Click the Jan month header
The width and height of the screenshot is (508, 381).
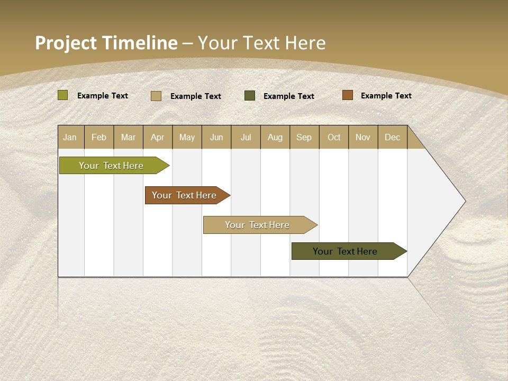tap(70, 137)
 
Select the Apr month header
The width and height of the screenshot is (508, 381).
tap(158, 137)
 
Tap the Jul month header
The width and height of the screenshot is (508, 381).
tap(246, 137)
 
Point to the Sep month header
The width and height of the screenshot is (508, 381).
tap(304, 137)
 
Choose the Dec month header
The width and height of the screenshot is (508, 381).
tap(392, 137)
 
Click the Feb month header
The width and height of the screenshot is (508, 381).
tap(99, 137)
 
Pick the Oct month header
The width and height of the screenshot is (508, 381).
tap(334, 137)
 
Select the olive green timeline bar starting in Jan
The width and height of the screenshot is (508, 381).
tap(111, 166)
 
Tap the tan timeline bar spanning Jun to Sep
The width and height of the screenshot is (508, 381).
tap(258, 225)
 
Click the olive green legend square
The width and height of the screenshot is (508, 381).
tap(63, 95)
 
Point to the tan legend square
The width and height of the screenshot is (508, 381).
tap(156, 96)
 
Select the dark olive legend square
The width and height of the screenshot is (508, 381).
tap(250, 96)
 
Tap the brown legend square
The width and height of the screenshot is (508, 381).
tap(347, 95)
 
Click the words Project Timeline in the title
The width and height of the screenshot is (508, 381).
tap(106, 43)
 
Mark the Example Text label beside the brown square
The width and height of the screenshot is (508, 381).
tap(386, 96)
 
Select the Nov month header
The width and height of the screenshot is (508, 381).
tap(363, 137)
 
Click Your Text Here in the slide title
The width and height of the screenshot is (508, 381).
tap(262, 43)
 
